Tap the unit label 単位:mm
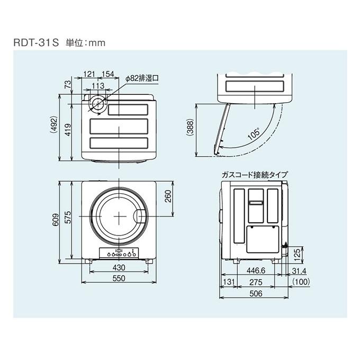click(82, 42)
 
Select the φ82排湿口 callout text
click(143, 78)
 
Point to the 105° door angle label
click(254, 134)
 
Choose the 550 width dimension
click(119, 278)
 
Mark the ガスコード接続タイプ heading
click(256, 173)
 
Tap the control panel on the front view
click(119, 253)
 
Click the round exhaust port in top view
click(97, 104)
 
